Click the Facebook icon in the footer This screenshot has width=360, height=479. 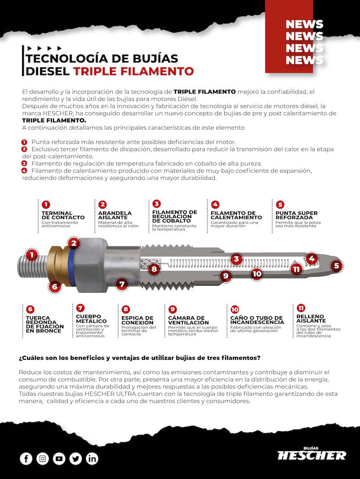(26, 459)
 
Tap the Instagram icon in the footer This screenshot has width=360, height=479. (43, 459)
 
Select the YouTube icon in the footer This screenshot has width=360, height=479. (59, 459)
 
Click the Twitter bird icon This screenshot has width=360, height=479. (76, 459)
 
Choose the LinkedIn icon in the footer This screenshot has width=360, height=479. (92, 459)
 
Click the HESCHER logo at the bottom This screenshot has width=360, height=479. (312, 454)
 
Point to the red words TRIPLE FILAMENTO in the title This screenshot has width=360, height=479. (133, 71)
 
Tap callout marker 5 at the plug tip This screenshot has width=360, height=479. (336, 266)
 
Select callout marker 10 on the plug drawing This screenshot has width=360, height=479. (256, 273)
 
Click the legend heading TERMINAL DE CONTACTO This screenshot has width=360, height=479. (63, 215)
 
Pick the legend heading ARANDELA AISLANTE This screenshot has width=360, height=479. (115, 215)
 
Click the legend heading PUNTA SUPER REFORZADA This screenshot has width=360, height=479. (296, 215)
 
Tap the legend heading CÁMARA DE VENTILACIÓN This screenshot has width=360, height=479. (188, 320)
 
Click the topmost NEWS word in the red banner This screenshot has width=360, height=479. (304, 24)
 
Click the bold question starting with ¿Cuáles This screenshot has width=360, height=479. (139, 358)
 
